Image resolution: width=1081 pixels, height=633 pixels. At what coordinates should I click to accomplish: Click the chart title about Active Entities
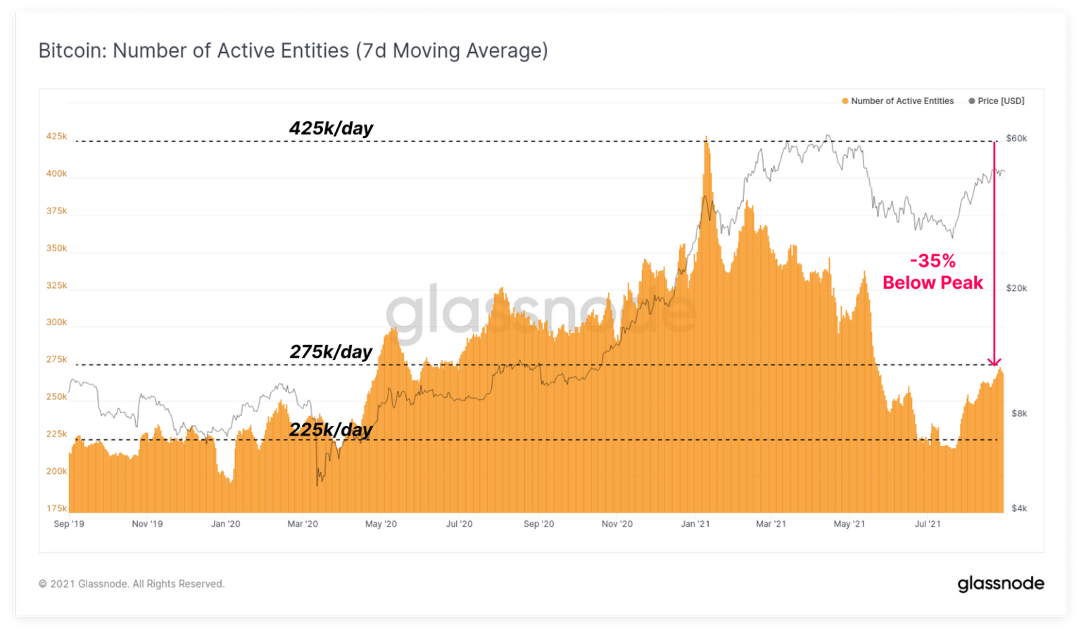coord(293,51)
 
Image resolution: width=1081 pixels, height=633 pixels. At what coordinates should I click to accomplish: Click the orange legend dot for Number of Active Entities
coord(845,101)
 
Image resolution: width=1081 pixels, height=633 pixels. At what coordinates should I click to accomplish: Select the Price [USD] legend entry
coord(996,101)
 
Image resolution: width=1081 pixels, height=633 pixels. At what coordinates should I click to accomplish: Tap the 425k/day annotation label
coord(331,128)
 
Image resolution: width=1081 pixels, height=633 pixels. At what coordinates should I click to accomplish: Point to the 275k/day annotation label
coord(331,352)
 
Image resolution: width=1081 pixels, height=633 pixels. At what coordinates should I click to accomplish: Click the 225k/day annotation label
coord(331,430)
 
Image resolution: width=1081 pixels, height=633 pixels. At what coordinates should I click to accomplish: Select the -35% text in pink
coord(933,261)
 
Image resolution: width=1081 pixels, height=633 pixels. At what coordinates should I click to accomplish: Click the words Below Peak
coord(933,282)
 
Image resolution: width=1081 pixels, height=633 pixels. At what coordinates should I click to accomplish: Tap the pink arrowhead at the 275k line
coord(994,363)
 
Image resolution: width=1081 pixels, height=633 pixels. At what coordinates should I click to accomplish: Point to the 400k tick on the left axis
coord(56,173)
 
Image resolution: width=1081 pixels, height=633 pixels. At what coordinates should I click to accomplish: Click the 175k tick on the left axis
coord(56,508)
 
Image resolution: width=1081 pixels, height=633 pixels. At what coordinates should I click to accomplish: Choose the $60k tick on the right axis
coord(1016,139)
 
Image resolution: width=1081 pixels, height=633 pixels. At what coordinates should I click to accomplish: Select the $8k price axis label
coord(1019,413)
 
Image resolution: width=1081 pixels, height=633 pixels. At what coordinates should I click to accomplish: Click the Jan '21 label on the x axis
coord(695,524)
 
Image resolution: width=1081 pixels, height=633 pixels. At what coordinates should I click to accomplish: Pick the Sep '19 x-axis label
coord(69,524)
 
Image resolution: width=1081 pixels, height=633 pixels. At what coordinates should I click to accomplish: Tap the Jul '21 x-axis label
coord(928,524)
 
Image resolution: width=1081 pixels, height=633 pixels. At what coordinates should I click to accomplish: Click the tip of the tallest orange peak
coord(706,136)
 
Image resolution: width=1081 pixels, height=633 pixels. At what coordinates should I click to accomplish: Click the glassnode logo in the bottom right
coord(1000,584)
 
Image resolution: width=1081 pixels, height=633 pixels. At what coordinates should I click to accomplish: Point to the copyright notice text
coord(132,584)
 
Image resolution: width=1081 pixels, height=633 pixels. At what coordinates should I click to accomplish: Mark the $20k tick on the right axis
coord(1016,288)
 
